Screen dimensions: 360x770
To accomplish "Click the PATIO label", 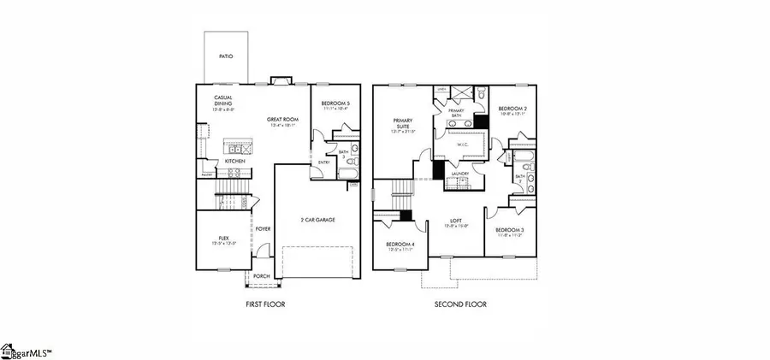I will (226, 56).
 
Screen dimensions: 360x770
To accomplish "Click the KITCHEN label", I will (236, 160).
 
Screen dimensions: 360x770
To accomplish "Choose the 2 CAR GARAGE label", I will (317, 220).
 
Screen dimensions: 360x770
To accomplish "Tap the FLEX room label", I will (223, 239).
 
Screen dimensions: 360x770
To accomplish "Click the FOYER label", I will (264, 228).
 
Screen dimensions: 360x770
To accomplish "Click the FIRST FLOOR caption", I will (264, 304).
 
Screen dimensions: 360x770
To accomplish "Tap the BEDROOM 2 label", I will (512, 109).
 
